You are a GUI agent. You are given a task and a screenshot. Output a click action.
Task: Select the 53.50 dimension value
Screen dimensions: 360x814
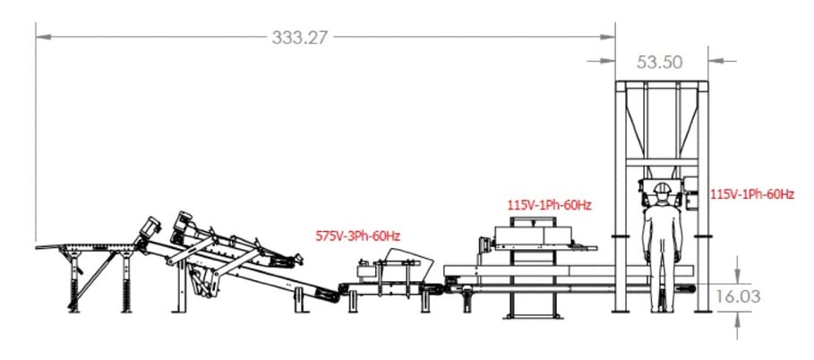click(660, 62)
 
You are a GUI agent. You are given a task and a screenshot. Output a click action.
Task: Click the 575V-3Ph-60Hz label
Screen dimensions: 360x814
click(357, 236)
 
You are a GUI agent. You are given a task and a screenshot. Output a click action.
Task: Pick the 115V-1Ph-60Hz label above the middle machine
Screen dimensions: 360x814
click(549, 205)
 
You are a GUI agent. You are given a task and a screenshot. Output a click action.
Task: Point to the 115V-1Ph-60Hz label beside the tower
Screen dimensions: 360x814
click(752, 193)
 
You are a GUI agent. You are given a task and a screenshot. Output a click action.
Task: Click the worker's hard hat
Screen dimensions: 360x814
click(663, 189)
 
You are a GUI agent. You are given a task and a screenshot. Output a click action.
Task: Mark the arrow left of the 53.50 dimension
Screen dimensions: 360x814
click(605, 61)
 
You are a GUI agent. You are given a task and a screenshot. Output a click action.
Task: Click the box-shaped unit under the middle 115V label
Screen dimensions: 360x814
click(536, 236)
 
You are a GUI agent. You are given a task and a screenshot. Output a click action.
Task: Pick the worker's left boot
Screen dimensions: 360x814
click(654, 307)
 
